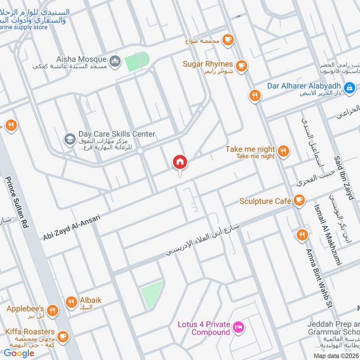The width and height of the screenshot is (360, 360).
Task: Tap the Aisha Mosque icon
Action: (x=115, y=60)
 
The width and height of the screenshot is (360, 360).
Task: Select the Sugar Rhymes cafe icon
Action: (x=242, y=66)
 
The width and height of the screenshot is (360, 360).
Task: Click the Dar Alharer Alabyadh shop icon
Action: (x=349, y=87)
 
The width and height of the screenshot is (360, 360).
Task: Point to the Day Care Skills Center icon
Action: (x=69, y=138)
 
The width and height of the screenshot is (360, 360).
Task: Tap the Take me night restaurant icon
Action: (x=283, y=150)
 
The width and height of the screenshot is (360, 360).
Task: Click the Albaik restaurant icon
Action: (x=71, y=302)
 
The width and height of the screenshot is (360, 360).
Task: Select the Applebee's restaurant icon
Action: (x=53, y=310)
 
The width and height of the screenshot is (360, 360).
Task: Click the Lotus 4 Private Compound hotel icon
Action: (x=239, y=326)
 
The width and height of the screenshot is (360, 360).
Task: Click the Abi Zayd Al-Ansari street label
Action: (x=72, y=227)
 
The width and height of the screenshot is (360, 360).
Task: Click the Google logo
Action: (x=19, y=353)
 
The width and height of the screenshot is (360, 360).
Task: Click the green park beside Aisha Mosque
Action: (x=136, y=61)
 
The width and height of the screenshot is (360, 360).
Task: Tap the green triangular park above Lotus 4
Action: (x=153, y=294)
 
